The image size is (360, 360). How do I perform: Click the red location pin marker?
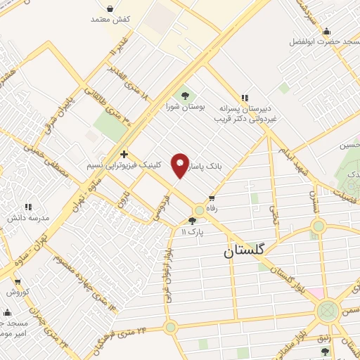(180, 165)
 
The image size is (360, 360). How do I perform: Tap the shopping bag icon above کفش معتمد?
(111, 9)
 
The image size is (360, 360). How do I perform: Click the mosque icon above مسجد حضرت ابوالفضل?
(326, 32)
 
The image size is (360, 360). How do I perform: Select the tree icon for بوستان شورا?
(185, 94)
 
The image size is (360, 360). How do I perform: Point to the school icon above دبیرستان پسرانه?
(244, 98)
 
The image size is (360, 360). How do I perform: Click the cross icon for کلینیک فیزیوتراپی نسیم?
(124, 154)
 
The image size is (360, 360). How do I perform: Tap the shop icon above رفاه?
(211, 198)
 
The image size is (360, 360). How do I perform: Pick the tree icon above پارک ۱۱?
(192, 220)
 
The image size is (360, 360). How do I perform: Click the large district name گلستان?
(246, 251)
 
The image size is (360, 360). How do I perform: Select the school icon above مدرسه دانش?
(28, 207)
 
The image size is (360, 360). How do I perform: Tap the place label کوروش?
(18, 291)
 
